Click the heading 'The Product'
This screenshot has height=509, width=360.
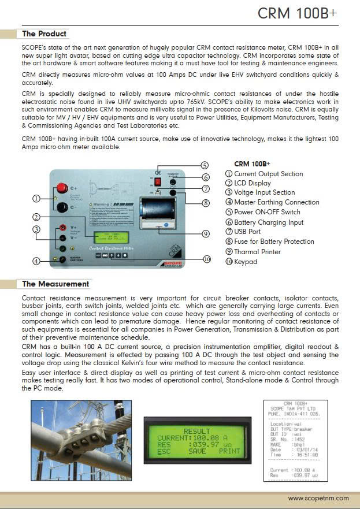point(44,34)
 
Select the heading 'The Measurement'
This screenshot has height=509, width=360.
point(55,284)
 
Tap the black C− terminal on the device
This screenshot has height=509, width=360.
point(62,207)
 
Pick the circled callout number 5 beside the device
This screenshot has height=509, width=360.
point(204,165)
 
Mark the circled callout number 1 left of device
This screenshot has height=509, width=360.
point(36,198)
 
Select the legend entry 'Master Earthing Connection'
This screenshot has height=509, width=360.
point(276,202)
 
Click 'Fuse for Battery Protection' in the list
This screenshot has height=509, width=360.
point(274,242)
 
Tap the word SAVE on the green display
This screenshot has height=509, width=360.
point(196,451)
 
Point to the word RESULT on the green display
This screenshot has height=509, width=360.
point(196,431)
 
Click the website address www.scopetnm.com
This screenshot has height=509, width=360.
point(318,498)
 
